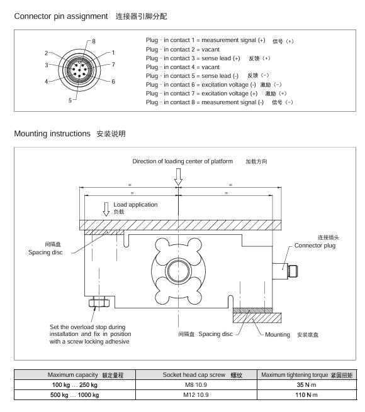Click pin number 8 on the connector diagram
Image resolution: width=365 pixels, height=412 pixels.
coord(94,41)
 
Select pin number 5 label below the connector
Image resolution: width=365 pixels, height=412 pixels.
coord(70,100)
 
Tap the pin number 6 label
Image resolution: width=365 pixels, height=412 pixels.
coord(113,82)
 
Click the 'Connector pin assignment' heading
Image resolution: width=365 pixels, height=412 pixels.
coord(61,16)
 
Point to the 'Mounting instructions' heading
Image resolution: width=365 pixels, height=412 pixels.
coord(52,134)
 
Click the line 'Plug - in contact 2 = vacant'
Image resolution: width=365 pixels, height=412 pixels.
coord(182,50)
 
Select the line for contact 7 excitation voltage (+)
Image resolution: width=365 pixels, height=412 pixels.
coord(201,94)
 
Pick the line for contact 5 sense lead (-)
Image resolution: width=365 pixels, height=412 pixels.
coord(192,76)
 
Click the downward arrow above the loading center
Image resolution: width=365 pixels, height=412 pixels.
coord(178,177)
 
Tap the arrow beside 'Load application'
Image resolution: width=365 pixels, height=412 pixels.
coord(106,209)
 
